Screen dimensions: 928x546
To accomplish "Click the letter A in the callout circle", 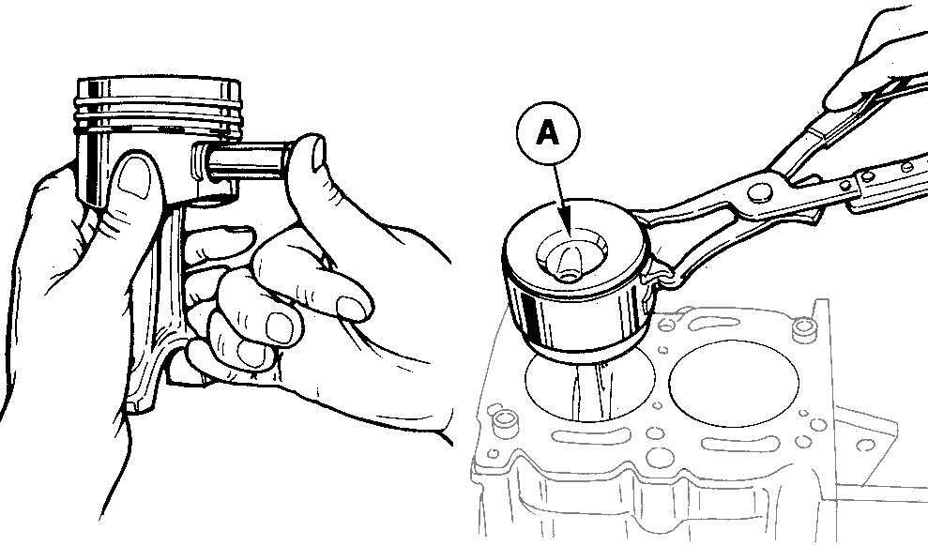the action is click(x=547, y=134).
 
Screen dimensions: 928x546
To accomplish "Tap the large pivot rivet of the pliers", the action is click(x=759, y=193).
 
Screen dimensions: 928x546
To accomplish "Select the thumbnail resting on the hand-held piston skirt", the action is click(x=135, y=177).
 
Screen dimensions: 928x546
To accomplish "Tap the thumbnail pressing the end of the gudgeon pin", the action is click(x=318, y=155).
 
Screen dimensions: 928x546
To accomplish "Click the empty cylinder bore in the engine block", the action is click(x=734, y=383).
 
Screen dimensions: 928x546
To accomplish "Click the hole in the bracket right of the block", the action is click(x=865, y=445).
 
